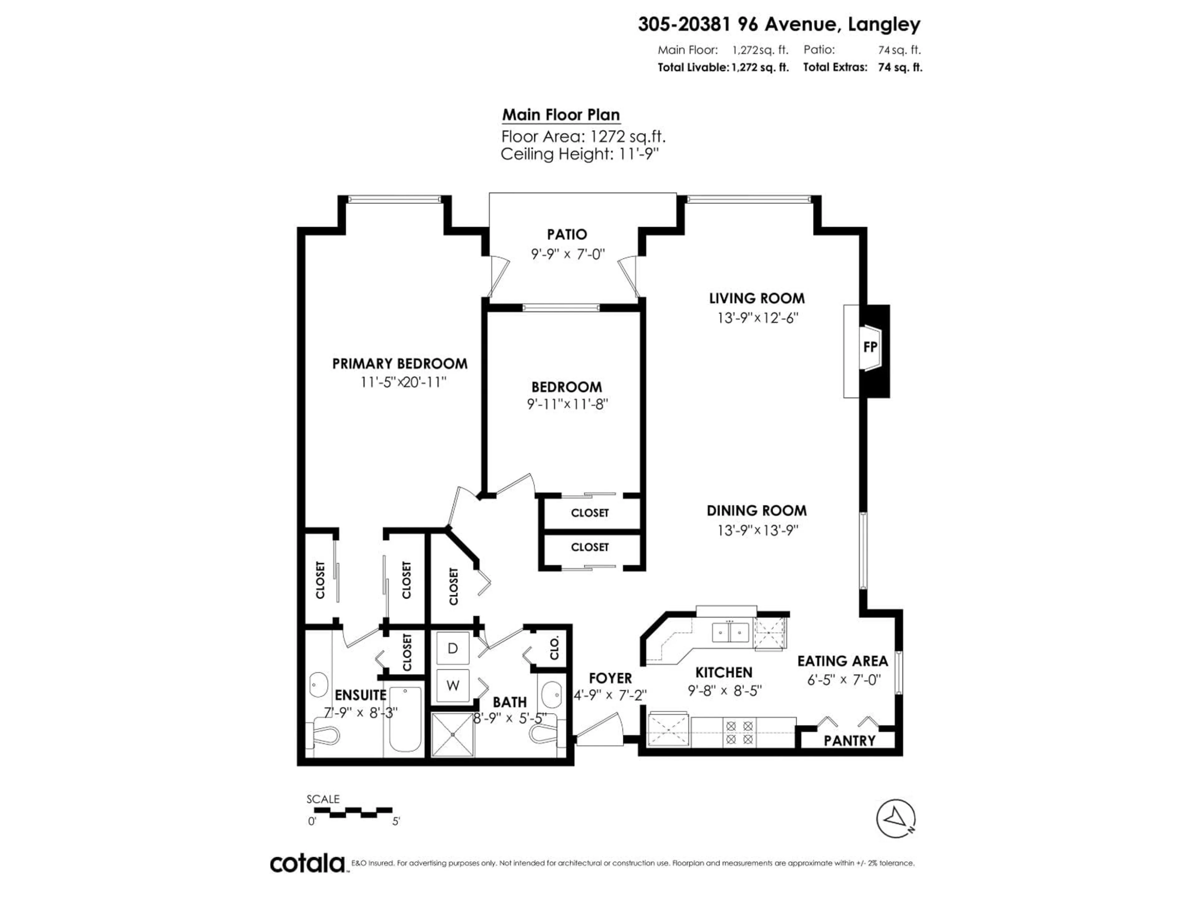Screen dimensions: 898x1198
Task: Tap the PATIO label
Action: (567, 234)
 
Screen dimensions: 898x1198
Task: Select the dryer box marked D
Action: (453, 648)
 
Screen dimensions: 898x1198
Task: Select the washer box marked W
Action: (453, 685)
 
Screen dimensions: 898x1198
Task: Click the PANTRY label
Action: (849, 741)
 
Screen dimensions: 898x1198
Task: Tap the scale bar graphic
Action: (353, 812)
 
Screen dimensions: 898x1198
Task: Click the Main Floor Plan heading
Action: (561, 115)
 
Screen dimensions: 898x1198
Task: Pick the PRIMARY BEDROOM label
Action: (400, 364)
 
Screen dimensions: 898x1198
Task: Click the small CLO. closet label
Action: (554, 647)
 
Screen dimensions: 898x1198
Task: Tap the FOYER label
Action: (610, 678)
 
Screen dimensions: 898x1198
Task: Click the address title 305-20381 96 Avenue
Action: (779, 24)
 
